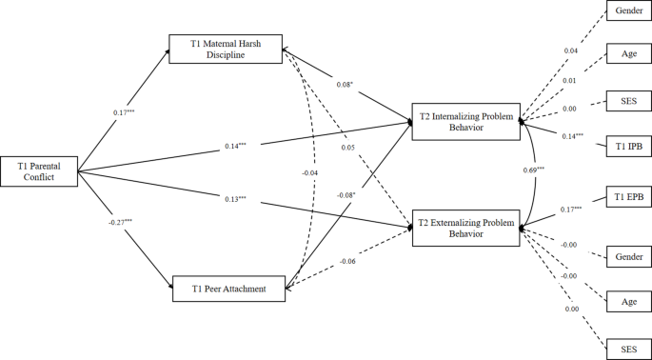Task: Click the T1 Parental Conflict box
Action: pyautogui.click(x=38, y=171)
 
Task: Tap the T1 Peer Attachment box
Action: pyautogui.click(x=227, y=288)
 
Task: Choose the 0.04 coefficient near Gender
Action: pyautogui.click(x=570, y=50)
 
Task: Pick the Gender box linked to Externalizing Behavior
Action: pyautogui.click(x=629, y=256)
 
